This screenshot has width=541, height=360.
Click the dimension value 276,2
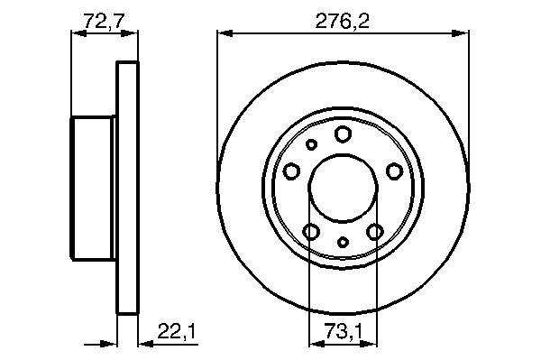tap(343, 22)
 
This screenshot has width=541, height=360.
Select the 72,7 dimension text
tap(104, 22)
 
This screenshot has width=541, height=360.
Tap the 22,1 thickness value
tap(177, 332)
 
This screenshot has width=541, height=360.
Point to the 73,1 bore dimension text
tap(344, 332)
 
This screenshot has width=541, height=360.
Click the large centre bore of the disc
tap(343, 188)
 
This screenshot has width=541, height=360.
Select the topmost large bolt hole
tap(343, 134)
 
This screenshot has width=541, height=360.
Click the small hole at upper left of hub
tap(312, 144)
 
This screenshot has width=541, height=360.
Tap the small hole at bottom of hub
tap(343, 243)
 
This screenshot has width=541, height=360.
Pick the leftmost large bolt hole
tap(291, 171)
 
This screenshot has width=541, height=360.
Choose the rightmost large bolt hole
tap(394, 171)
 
